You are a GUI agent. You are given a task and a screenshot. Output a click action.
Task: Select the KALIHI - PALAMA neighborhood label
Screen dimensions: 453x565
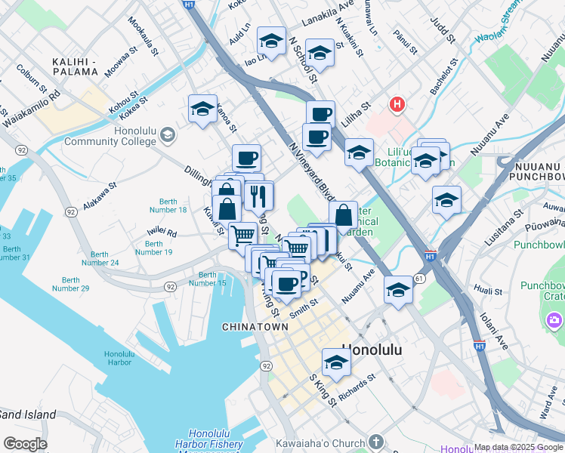click(74, 66)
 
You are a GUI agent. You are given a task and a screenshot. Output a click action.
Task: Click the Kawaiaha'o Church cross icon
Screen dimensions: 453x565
click(375, 442)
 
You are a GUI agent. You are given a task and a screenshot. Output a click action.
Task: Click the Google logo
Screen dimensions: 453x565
click(25, 443)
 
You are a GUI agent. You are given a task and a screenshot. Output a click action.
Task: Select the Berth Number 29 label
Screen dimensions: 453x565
click(71, 283)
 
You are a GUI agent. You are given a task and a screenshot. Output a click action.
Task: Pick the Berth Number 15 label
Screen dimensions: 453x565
click(207, 279)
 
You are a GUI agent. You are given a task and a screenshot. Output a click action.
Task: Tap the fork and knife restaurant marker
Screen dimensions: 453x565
click(258, 196)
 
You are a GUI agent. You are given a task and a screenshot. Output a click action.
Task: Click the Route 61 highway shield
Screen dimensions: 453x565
click(419, 279)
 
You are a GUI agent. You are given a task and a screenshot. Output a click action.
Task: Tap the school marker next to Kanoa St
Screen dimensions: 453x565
click(202, 109)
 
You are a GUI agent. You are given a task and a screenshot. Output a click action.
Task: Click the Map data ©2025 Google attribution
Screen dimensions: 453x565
click(518, 448)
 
